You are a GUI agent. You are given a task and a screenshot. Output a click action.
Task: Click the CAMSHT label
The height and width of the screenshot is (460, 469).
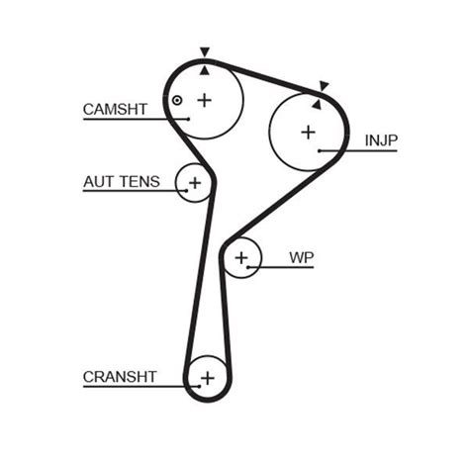pos(115,109)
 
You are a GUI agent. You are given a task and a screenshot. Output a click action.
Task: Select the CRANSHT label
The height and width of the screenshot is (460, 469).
pos(120,377)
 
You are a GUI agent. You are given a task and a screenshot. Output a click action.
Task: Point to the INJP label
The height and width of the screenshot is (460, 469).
pos(381,140)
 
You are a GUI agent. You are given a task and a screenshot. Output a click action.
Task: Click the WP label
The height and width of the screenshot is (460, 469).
pos(301,257)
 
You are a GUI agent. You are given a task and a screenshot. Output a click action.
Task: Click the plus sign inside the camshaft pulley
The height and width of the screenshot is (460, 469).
pos(205,99)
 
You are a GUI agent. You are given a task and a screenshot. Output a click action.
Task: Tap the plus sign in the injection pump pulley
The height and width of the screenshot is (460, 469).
pos(308,131)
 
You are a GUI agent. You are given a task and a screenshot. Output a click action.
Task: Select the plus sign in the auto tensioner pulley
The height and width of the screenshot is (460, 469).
pos(195,182)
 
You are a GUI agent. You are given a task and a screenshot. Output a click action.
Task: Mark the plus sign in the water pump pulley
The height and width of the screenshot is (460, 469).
pos(241,259)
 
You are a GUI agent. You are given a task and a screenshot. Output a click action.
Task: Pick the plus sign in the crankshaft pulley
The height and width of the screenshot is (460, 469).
pos(207,377)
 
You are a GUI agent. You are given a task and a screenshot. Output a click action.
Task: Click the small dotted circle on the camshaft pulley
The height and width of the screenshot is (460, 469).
pos(176,100)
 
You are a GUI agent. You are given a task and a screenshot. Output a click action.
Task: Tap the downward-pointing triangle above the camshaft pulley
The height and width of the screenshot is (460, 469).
pos(205,52)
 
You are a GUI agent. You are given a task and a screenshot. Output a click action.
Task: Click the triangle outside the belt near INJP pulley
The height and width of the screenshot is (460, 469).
pos(324,86)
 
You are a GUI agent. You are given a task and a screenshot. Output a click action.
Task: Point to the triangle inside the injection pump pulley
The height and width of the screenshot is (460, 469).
pos(317,102)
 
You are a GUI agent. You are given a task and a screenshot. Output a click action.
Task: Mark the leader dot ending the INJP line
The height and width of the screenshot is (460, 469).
pos(321,151)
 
